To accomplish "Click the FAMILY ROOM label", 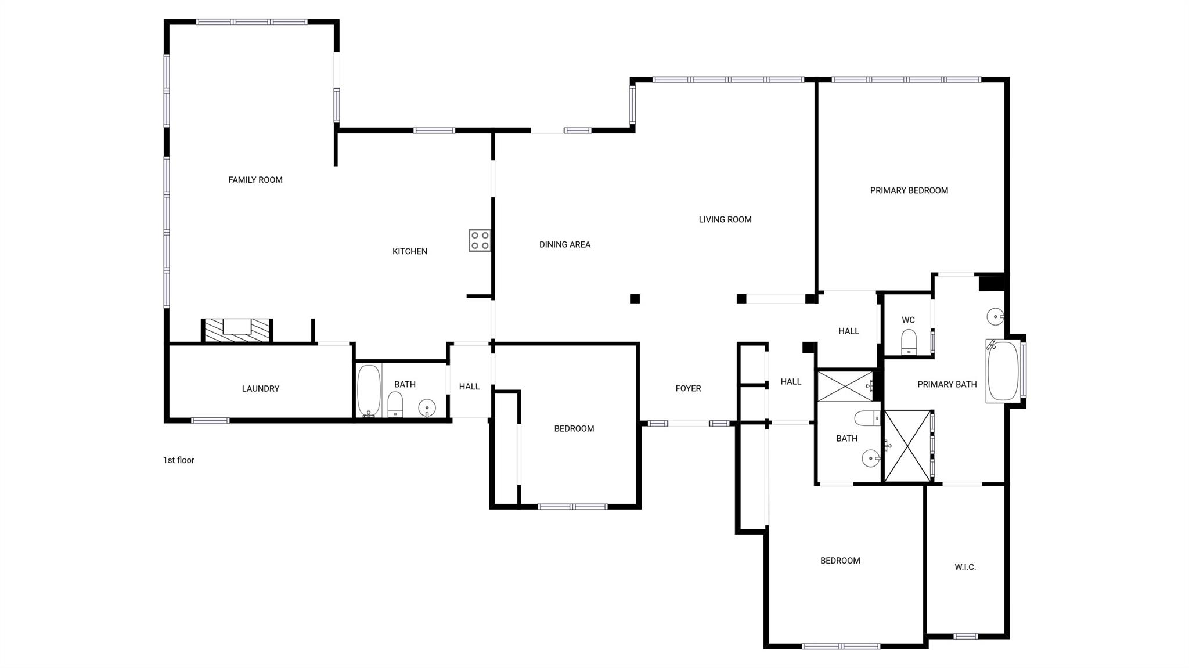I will tap(255, 180).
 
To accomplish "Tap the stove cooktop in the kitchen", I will tap(480, 241).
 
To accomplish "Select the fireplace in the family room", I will tap(237, 330).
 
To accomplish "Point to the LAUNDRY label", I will tap(261, 389).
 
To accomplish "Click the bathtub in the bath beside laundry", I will tap(369, 391).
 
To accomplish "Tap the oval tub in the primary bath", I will tap(1003, 371).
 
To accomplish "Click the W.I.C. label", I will tap(965, 567).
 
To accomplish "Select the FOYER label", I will tap(688, 388).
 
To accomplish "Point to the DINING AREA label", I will tap(565, 245).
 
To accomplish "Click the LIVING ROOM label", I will tap(725, 219).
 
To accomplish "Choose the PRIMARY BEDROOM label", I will tap(909, 190).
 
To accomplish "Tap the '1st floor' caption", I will tap(179, 460).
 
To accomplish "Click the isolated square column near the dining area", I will tap(635, 299).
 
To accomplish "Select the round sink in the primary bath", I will tap(995, 317).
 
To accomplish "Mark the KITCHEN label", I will tap(410, 251).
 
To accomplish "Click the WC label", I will tap(909, 320).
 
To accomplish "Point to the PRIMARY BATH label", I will tap(947, 384).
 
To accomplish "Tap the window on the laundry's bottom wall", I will tap(210, 420).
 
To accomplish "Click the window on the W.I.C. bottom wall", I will tap(965, 636).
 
